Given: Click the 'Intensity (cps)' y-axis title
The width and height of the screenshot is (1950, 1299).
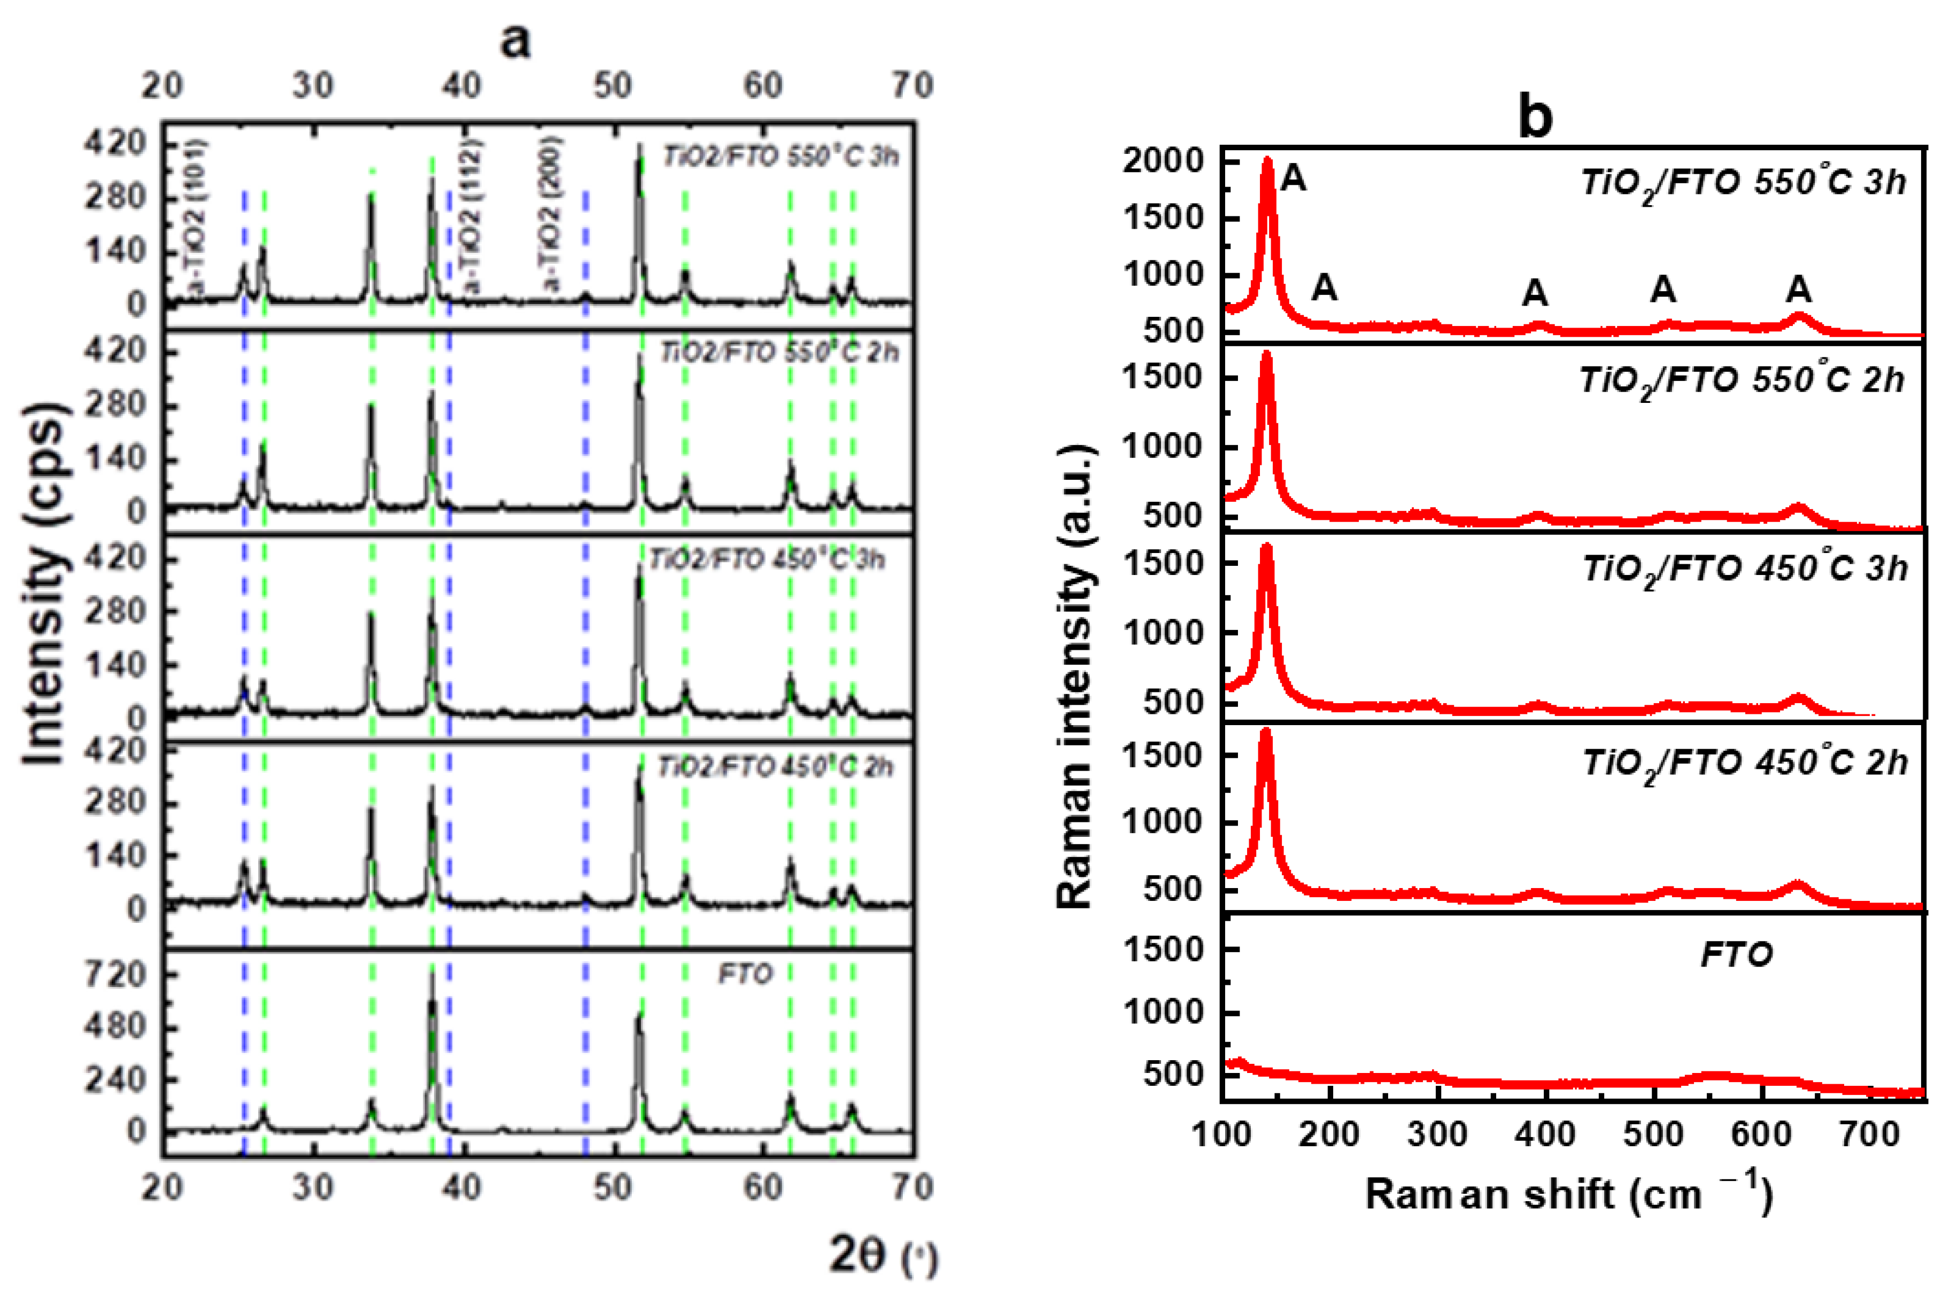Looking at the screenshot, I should [43, 584].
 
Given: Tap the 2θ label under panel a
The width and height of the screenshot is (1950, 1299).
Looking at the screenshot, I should [882, 1256].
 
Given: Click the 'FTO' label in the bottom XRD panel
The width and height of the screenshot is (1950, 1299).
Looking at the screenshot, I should [745, 974].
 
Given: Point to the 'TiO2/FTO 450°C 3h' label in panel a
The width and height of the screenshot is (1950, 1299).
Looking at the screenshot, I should [767, 560].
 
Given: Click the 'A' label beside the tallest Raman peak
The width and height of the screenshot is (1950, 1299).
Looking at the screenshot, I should [1293, 178].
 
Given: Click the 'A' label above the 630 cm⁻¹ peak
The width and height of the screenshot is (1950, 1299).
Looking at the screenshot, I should [1798, 289].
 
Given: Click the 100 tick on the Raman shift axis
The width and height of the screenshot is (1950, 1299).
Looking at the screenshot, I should [1222, 1133].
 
